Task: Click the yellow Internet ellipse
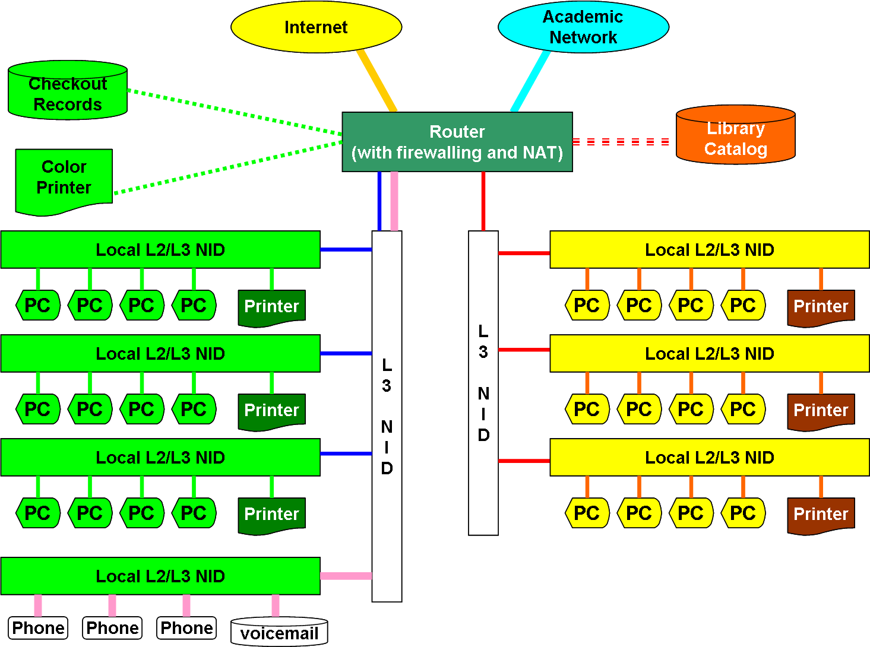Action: coord(316,27)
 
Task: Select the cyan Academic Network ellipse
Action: coord(583,27)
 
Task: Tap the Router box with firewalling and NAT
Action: coord(457,142)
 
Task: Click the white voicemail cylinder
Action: coord(279,632)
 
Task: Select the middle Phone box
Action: coord(112,628)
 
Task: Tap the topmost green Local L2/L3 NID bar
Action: coord(160,250)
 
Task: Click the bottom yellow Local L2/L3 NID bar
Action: coord(709,458)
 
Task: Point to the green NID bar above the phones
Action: coord(160,576)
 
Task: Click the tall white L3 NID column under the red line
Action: coord(483,383)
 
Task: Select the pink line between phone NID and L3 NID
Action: coord(346,576)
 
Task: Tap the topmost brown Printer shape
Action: coord(821,307)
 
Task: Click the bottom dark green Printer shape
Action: coord(271,515)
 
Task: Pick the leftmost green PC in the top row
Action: coord(38,305)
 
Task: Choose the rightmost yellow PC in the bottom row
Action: coord(743,513)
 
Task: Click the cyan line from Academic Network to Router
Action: coord(530,81)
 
